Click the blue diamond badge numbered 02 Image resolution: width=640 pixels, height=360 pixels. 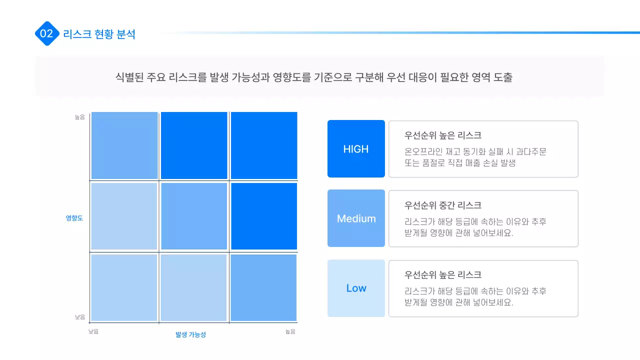[46, 34]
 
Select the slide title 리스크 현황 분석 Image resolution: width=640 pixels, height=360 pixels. [99, 34]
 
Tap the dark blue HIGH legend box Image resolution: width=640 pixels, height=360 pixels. [356, 149]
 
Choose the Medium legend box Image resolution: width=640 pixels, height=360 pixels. [356, 218]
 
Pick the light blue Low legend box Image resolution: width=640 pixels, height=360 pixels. [356, 288]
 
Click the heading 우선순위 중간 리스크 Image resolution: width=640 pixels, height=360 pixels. [442, 205]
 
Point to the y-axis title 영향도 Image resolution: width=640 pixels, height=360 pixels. [74, 218]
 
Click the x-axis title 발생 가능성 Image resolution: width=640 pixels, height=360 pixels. [190, 334]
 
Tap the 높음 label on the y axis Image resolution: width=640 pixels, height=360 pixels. [80, 117]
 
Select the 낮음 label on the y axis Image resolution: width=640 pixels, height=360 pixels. [80, 317]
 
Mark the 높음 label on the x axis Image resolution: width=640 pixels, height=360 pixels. [290, 331]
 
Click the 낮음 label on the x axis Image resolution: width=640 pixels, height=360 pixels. [93, 331]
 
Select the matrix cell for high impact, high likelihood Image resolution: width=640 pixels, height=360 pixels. [263, 145]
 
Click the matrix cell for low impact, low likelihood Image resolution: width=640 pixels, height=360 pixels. [124, 287]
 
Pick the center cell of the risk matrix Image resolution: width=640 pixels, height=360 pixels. [194, 216]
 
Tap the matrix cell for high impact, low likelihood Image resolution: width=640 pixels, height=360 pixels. [124, 145]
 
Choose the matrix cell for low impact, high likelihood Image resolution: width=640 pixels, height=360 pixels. [263, 287]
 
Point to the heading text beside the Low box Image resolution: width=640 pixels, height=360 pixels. [442, 275]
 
